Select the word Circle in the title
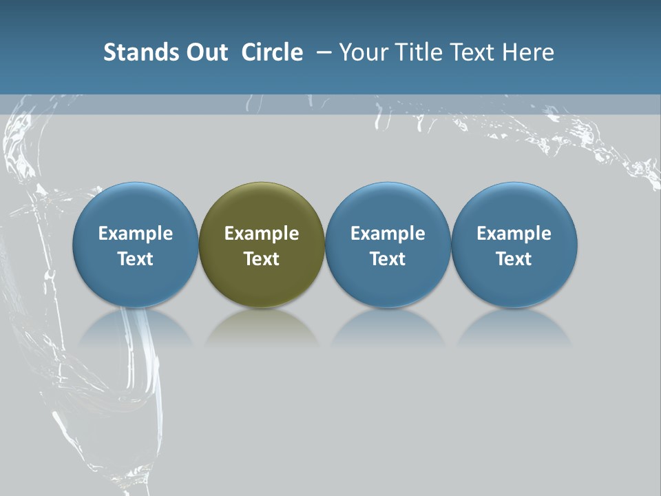(272, 52)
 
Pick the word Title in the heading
(419, 52)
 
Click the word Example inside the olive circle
(262, 234)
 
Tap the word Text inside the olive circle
(262, 259)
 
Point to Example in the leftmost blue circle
(135, 234)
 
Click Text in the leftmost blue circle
(135, 259)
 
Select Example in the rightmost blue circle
(514, 234)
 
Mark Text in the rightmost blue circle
(514, 259)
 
